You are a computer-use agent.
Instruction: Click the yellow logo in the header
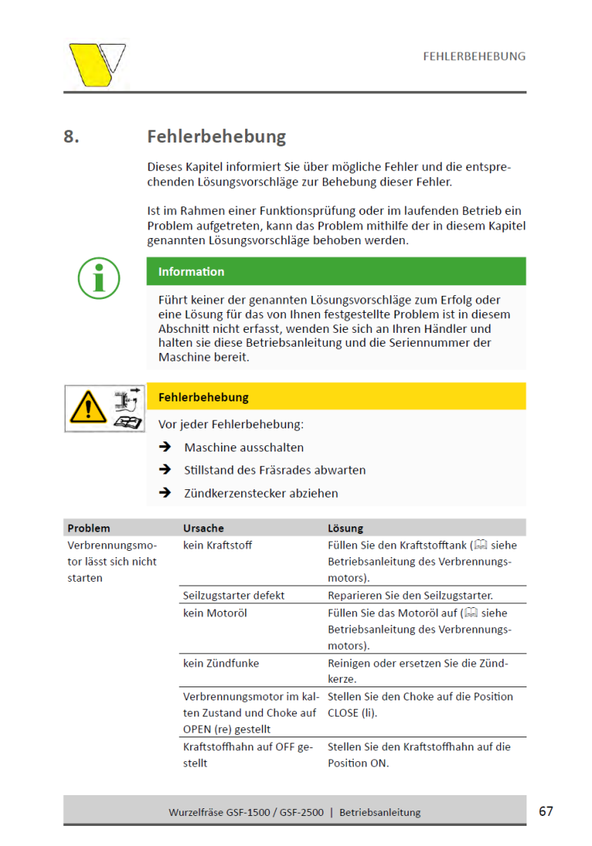[96, 65]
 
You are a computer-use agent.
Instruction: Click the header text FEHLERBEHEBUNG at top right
[474, 56]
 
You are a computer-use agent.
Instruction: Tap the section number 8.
[72, 137]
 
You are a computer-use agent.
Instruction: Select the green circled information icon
[99, 278]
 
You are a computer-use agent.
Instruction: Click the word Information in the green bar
[191, 271]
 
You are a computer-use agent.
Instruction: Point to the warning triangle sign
[86, 408]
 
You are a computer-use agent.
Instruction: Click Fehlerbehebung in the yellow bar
[203, 398]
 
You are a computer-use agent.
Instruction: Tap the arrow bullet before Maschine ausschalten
[164, 447]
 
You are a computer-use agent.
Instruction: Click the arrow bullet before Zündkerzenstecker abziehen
[164, 492]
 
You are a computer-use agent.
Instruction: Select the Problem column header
[89, 528]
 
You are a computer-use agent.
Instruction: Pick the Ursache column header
[203, 528]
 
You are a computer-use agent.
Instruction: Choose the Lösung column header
[345, 528]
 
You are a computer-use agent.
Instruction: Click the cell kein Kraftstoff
[217, 545]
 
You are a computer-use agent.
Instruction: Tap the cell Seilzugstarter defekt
[234, 595]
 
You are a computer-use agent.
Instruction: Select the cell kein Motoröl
[215, 613]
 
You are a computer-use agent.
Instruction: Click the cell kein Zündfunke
[220, 663]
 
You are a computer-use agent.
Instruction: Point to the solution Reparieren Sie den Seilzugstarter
[409, 595]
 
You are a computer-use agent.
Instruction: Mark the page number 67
[546, 811]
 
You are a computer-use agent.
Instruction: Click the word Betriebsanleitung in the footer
[380, 812]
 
